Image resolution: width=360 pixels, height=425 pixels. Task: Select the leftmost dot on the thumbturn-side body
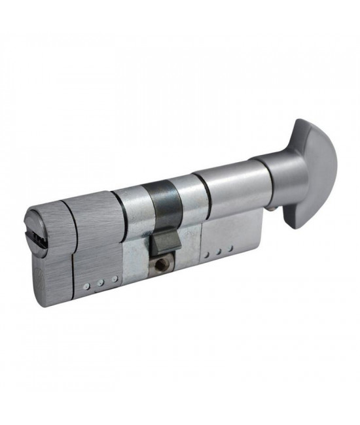point(206,254)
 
